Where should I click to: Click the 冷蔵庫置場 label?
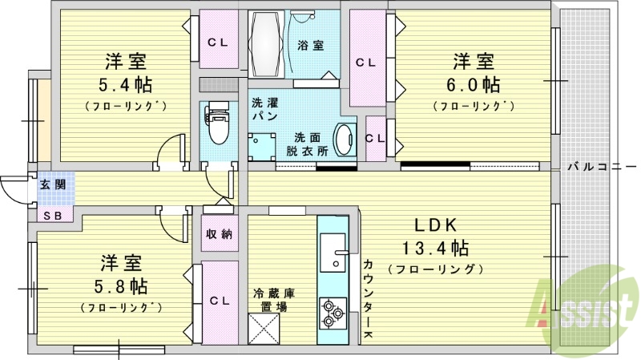(272, 299)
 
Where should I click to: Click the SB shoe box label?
(53, 215)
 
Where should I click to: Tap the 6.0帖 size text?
(472, 84)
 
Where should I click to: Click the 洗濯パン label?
(264, 110)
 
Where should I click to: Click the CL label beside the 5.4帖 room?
(218, 42)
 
